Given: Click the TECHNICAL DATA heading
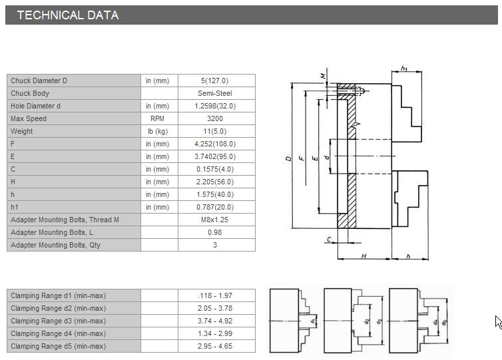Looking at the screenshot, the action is pos(68,15).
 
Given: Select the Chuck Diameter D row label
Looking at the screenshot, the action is pos(39,81).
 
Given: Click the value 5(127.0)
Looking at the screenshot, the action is pos(215,81).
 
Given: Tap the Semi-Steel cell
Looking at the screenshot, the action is pos(215,93).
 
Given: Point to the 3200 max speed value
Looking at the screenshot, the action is pos(215,118).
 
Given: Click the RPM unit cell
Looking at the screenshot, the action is pos(157,118).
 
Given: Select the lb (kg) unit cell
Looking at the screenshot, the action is pos(158,131).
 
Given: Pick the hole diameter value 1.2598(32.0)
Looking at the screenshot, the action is pos(215,106).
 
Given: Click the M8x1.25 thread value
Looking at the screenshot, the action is pos(215,220).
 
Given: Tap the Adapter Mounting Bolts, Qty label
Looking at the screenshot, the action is pos(56,245).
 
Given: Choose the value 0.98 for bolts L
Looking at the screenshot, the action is pos(215,232).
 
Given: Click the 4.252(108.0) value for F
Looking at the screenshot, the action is pos(215,144).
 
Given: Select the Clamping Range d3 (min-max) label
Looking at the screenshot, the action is pos(59,321).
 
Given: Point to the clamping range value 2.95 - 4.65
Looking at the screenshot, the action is pos(215,346).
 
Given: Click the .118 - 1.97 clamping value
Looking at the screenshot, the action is pos(215,295).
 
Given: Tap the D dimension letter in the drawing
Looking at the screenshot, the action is pos(288,158).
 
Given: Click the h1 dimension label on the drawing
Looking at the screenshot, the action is pos(405,68).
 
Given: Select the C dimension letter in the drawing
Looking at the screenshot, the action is pos(329,239).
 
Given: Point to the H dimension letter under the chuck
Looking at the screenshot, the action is pos(364,256).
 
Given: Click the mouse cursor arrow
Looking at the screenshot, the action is pos(498,322).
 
